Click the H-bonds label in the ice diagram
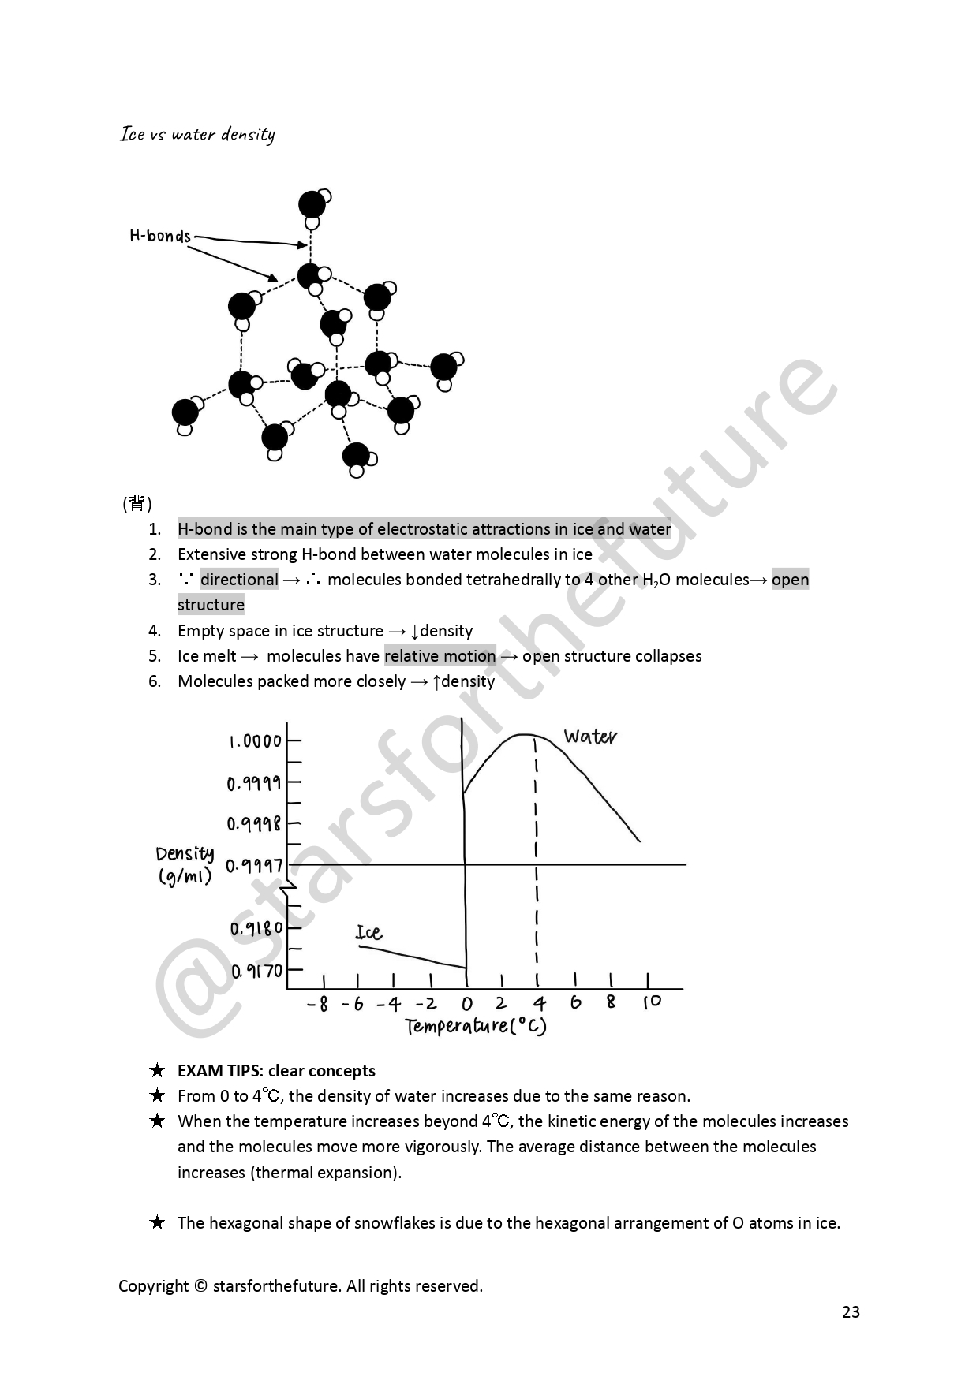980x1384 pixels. pos(160,236)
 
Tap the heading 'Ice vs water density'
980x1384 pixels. pos(197,134)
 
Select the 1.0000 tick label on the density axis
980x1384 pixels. pos(255,741)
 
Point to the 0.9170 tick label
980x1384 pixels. pos(257,971)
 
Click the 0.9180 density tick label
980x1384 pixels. pos(256,929)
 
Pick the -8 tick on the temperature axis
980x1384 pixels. pos(317,1004)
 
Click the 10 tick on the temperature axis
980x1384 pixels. pos(652,1002)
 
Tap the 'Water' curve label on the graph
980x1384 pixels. pos(590,737)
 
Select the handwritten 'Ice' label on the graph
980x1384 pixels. pos(368,933)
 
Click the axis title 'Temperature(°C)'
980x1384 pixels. pos(476,1026)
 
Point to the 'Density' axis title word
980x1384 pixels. pos(185,854)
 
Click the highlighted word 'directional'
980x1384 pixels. pos(239,580)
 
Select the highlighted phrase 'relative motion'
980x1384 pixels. pos(440,656)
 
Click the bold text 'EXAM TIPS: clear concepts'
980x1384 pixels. pos(276,1071)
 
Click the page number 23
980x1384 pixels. pos(851,1312)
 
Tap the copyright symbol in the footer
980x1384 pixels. pos(200,1286)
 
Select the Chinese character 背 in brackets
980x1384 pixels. pos(137,503)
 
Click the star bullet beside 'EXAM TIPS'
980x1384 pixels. pos(158,1071)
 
